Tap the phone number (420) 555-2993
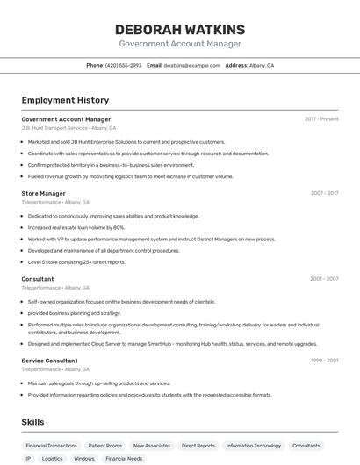(123, 66)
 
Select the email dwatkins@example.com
(191, 66)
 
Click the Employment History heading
(65, 100)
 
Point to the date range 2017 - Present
(321, 119)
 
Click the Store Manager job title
(43, 193)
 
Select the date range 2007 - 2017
(324, 193)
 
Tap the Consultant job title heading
(38, 279)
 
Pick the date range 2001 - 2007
(324, 279)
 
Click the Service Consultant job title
(49, 361)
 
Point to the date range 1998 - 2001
(324, 361)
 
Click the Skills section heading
(33, 422)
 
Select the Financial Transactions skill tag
(51, 446)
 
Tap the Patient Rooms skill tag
(105, 446)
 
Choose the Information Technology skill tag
(254, 446)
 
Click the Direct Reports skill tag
(198, 446)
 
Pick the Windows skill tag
(84, 459)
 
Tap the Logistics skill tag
(53, 459)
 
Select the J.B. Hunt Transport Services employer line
(68, 128)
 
